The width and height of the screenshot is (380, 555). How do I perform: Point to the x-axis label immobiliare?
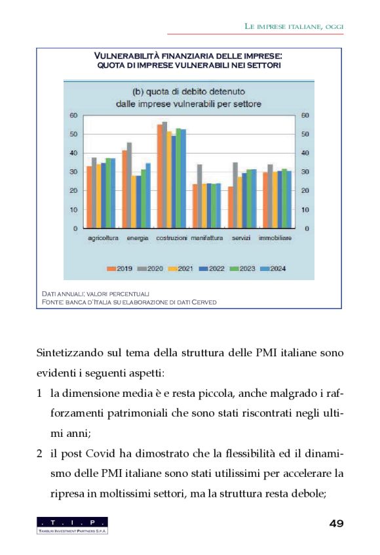pos(275,237)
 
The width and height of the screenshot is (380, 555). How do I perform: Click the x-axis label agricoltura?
pos(103,237)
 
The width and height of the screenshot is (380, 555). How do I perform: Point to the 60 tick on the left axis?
pos(74,115)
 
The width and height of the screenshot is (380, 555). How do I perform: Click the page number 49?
pos(336,523)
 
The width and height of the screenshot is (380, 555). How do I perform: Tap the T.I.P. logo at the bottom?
pos(72,525)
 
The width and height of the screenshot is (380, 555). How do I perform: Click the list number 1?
pos(40,393)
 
